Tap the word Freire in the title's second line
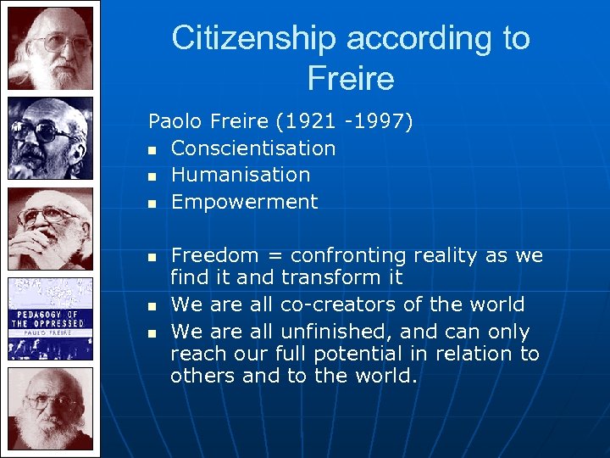click(351, 79)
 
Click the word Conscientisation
click(252, 148)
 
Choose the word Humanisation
click(240, 175)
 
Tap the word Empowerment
click(244, 202)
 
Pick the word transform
click(330, 277)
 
